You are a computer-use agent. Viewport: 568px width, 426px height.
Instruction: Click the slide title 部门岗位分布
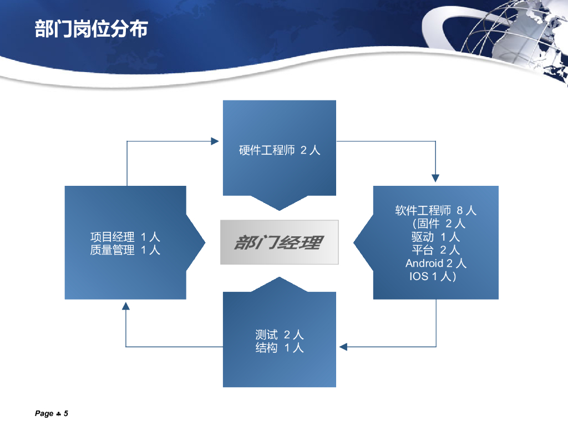click(x=92, y=29)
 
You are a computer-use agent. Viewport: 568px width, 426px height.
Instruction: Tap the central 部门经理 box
click(x=279, y=242)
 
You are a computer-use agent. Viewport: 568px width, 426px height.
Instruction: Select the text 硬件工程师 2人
click(x=280, y=150)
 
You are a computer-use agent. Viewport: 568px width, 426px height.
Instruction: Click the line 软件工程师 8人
click(x=435, y=211)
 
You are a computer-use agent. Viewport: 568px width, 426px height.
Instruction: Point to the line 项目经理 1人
click(x=125, y=237)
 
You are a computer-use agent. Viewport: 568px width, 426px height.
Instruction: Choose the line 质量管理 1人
click(x=125, y=250)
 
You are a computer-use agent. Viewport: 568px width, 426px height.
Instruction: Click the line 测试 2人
click(x=280, y=334)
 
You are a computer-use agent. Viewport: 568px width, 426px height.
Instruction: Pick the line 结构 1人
click(x=280, y=348)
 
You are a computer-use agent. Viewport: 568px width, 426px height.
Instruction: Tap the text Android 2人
click(x=435, y=263)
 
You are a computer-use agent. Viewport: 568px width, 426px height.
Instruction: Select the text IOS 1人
click(x=433, y=276)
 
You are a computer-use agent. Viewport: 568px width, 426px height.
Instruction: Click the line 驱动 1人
click(x=435, y=237)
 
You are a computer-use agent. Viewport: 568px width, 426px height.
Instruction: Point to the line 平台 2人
click(x=435, y=250)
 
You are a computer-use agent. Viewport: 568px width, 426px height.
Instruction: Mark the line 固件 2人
click(x=438, y=224)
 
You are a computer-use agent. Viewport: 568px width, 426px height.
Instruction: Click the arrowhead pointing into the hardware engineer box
click(x=215, y=141)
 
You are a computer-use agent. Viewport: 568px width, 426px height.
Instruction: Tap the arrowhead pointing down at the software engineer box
click(x=435, y=178)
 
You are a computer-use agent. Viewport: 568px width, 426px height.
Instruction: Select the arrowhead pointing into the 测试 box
click(x=343, y=347)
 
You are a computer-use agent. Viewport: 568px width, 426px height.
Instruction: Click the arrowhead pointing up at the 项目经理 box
click(x=126, y=306)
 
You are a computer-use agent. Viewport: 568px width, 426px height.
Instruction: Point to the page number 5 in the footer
click(x=65, y=413)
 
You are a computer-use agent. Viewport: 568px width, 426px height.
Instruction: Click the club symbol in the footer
click(x=58, y=414)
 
